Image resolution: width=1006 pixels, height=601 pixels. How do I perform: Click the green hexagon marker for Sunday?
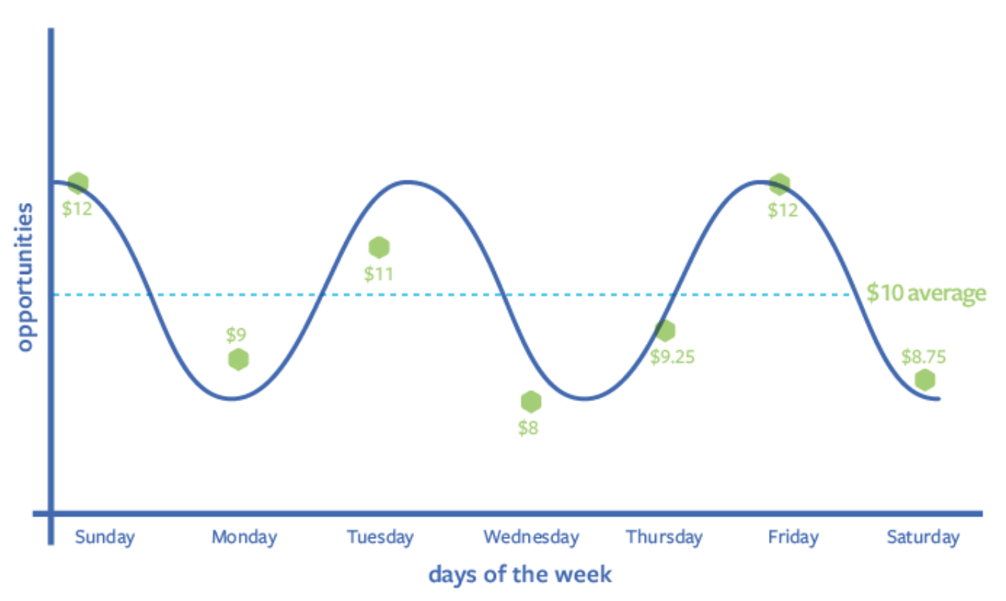point(78,183)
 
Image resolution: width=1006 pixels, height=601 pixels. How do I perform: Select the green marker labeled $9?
point(239,359)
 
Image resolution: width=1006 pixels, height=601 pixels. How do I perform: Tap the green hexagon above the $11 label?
point(379,247)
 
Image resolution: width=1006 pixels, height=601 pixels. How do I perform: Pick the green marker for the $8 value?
point(531,401)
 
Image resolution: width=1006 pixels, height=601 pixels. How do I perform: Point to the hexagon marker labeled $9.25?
point(665,331)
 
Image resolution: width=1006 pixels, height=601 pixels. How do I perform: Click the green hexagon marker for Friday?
point(780,184)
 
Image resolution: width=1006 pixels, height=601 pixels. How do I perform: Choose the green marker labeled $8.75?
point(924,380)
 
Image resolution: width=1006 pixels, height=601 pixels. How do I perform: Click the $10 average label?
point(926,294)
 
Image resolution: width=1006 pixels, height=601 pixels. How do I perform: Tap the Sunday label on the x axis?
point(105,537)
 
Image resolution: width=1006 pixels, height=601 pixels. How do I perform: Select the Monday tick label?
point(244,537)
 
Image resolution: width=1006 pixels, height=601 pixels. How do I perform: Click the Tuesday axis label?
point(380,537)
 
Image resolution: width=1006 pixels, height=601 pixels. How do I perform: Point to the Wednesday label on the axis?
point(531,537)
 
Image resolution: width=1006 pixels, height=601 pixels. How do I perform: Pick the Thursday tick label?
point(664,537)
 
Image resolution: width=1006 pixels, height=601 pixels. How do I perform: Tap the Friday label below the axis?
point(793,537)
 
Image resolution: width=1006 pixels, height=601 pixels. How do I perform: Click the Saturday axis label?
point(923,537)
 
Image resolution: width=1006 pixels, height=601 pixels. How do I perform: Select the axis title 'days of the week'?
point(519,575)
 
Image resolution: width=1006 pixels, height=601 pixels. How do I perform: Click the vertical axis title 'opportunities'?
point(25,277)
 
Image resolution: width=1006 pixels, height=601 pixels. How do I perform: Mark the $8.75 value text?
point(924,357)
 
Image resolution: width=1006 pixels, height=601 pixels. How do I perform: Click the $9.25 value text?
point(673,357)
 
